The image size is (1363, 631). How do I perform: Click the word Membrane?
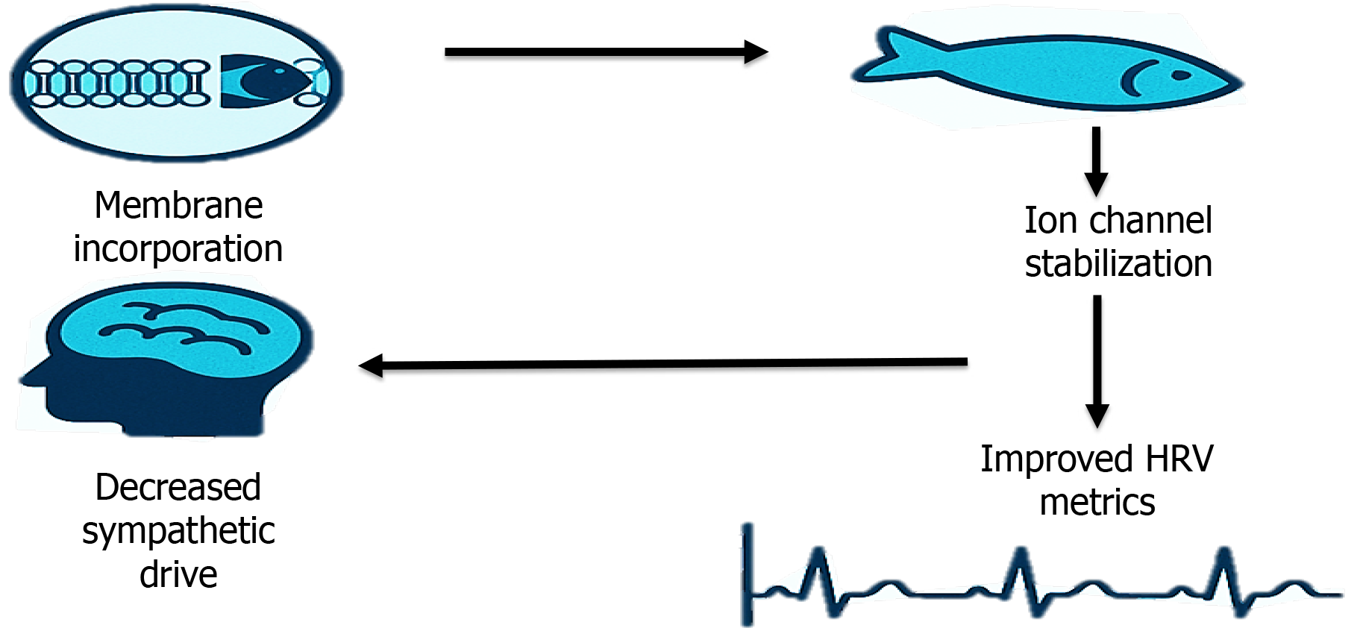click(178, 205)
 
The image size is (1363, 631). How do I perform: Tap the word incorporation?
click(178, 248)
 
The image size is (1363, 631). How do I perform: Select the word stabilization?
click(1118, 264)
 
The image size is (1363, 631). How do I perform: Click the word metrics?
click(1097, 502)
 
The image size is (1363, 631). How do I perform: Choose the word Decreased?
click(178, 488)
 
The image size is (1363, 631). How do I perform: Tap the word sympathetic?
click(178, 532)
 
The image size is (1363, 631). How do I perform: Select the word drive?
click(178, 574)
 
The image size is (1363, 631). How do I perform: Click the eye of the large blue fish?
click(1181, 75)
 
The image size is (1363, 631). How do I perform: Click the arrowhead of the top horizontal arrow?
click(756, 52)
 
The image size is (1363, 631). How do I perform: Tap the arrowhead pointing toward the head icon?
click(372, 365)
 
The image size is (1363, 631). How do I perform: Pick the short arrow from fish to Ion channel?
click(1096, 160)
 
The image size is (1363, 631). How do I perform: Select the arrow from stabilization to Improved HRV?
click(1097, 362)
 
